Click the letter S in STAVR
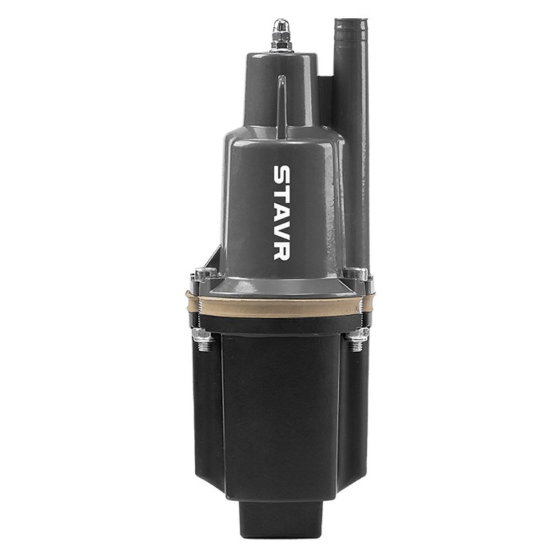283,175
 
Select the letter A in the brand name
283,211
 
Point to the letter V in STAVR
283,229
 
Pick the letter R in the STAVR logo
283,250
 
